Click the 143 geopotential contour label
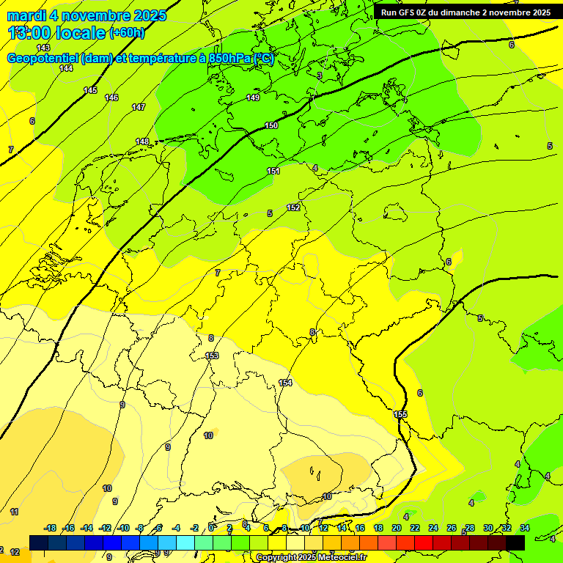pyautogui.click(x=43, y=48)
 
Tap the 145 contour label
pyautogui.click(x=90, y=90)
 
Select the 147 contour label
pyautogui.click(x=139, y=107)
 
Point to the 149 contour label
pyautogui.click(x=253, y=97)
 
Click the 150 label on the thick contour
pyautogui.click(x=271, y=125)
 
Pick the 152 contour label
pyautogui.click(x=293, y=207)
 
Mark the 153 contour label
pyautogui.click(x=212, y=356)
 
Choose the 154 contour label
pyautogui.click(x=285, y=383)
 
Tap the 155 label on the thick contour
pyautogui.click(x=401, y=415)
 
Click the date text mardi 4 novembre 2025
pyautogui.click(x=87, y=15)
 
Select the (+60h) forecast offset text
pyautogui.click(x=127, y=33)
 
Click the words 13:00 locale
pyautogui.click(x=57, y=33)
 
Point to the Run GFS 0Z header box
pyautogui.click(x=466, y=12)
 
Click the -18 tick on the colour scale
pyautogui.click(x=51, y=528)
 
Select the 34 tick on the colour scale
pyautogui.click(x=525, y=528)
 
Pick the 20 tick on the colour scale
pyautogui.click(x=397, y=528)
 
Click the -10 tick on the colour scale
pyautogui.click(x=124, y=528)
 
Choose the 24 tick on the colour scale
pyautogui.click(x=433, y=528)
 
